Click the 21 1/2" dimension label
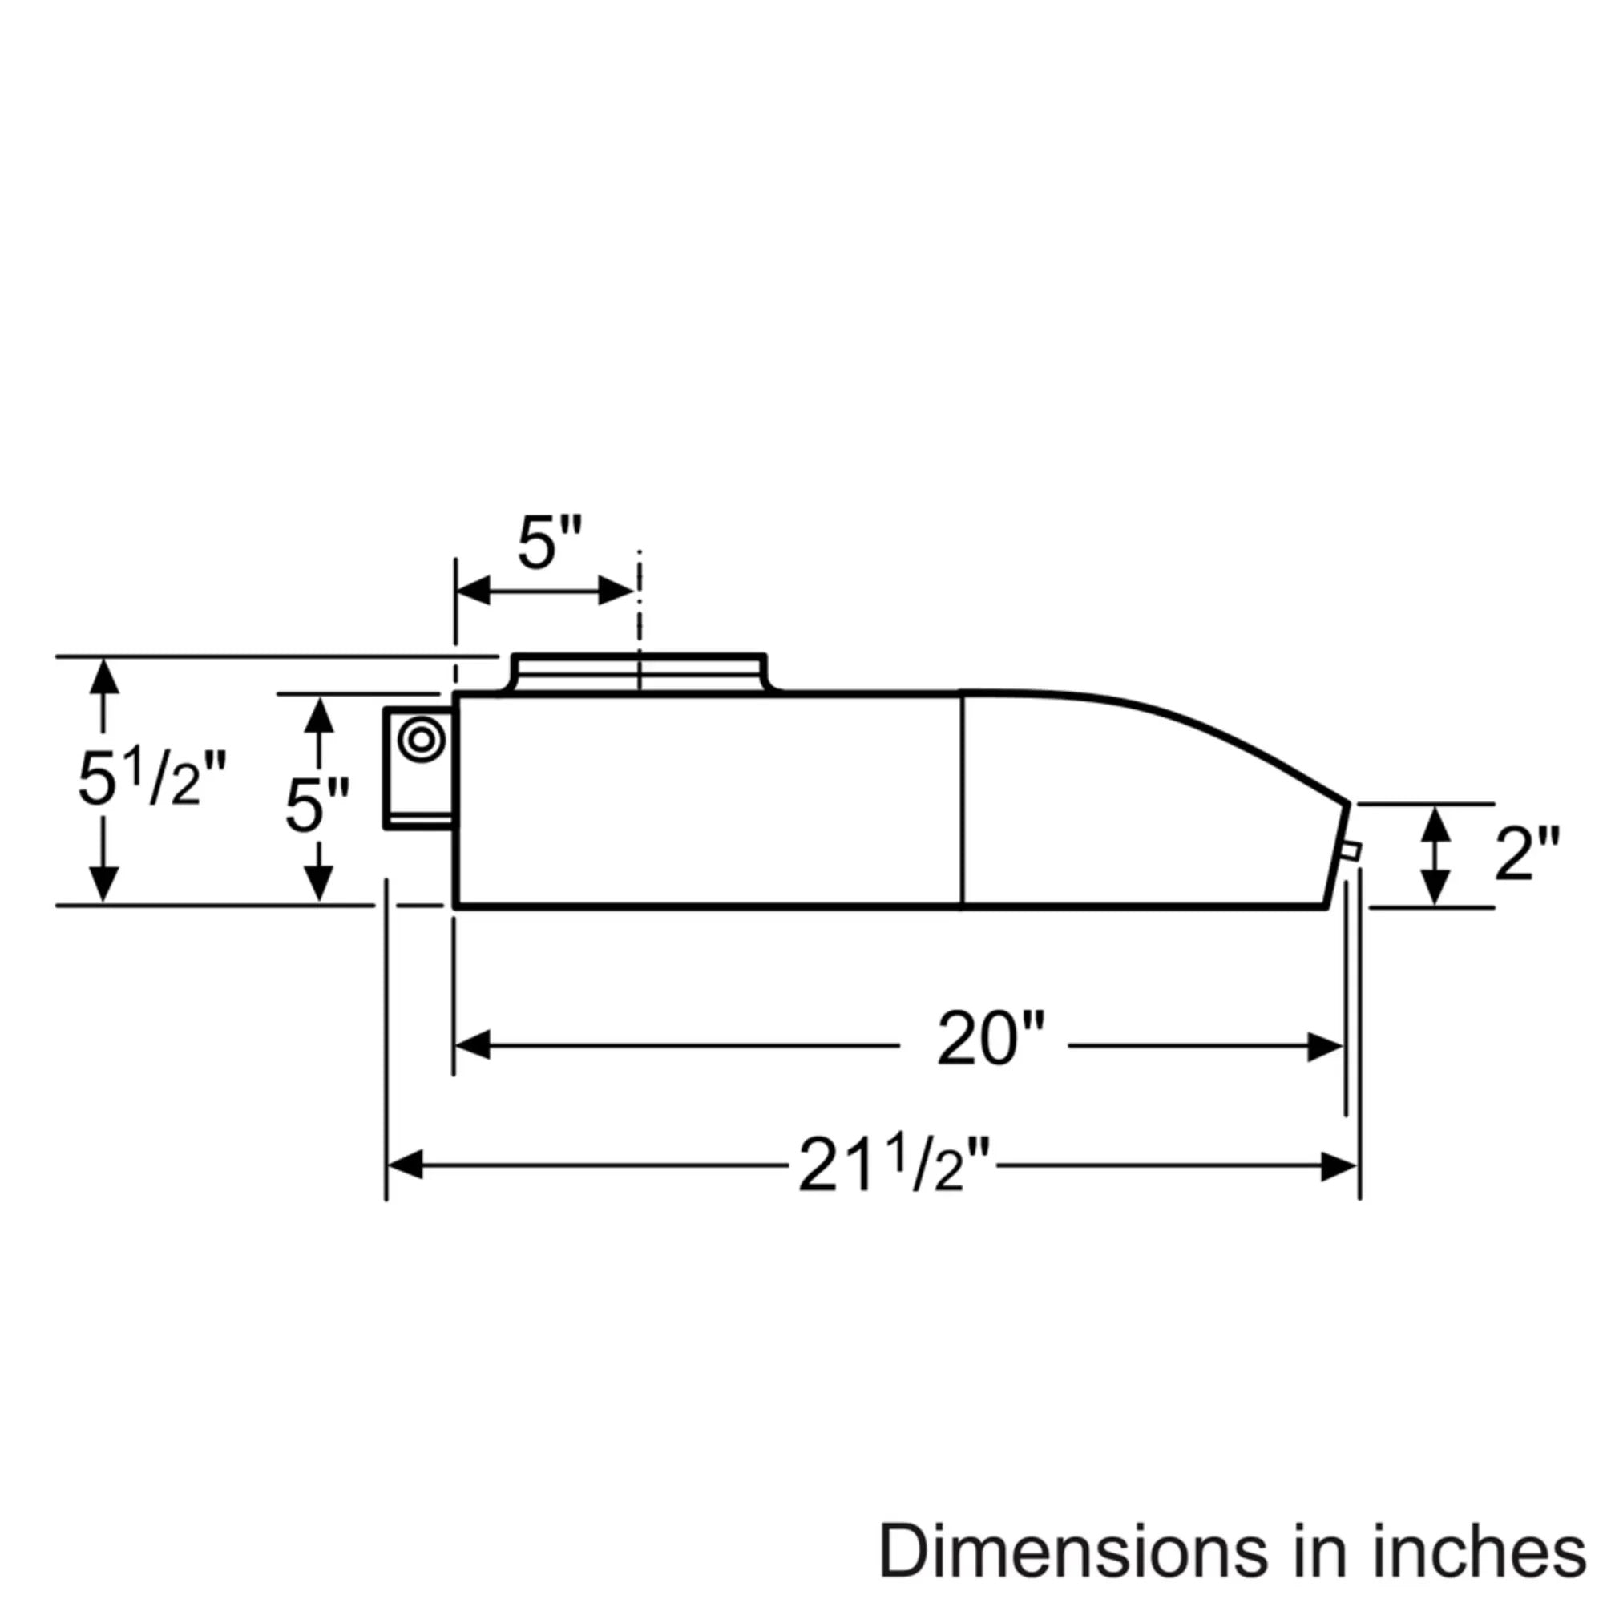pos(894,1165)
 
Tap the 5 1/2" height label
pos(151,781)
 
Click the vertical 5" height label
pos(317,805)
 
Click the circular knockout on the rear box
pos(421,739)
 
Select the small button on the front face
pos(1351,850)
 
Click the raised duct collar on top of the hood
pos(638,672)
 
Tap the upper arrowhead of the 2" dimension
pos(1435,826)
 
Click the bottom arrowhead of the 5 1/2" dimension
pos(103,882)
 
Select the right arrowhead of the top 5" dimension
pos(616,592)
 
